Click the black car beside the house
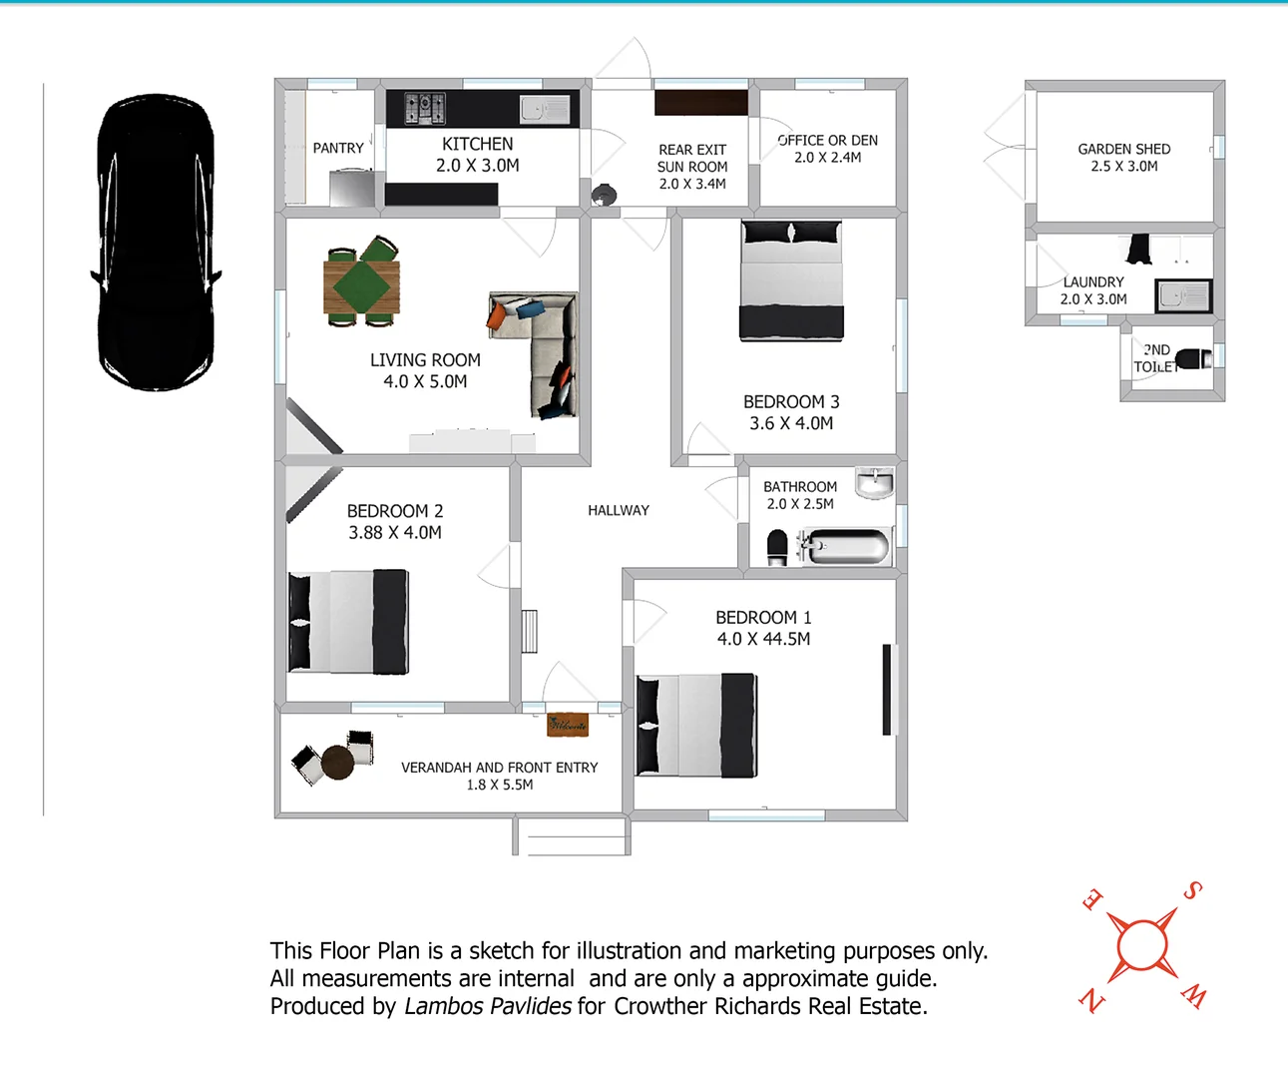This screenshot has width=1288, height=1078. coord(156,243)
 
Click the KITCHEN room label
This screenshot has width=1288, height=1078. coord(478,145)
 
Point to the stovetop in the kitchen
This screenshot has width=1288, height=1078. coord(425,107)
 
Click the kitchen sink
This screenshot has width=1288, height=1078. coord(545,109)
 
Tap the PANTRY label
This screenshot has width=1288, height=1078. coord(338,148)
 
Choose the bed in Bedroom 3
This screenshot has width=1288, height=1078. coord(792,281)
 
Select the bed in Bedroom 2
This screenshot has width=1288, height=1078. coord(348,622)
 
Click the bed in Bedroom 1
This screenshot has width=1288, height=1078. coord(696,726)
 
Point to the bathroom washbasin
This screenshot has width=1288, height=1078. coord(875,483)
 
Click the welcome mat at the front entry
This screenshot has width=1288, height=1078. coord(568,725)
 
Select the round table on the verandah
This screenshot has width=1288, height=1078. coord(337,763)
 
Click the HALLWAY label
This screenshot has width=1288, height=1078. coord(619,510)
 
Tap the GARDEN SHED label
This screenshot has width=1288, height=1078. coord(1124,149)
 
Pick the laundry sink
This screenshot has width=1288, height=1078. coord(1183,296)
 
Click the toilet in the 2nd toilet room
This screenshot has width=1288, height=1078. coord(1193,358)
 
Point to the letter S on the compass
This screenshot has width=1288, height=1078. coord(1192,890)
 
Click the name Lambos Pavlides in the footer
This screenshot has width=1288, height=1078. coord(488,1006)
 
